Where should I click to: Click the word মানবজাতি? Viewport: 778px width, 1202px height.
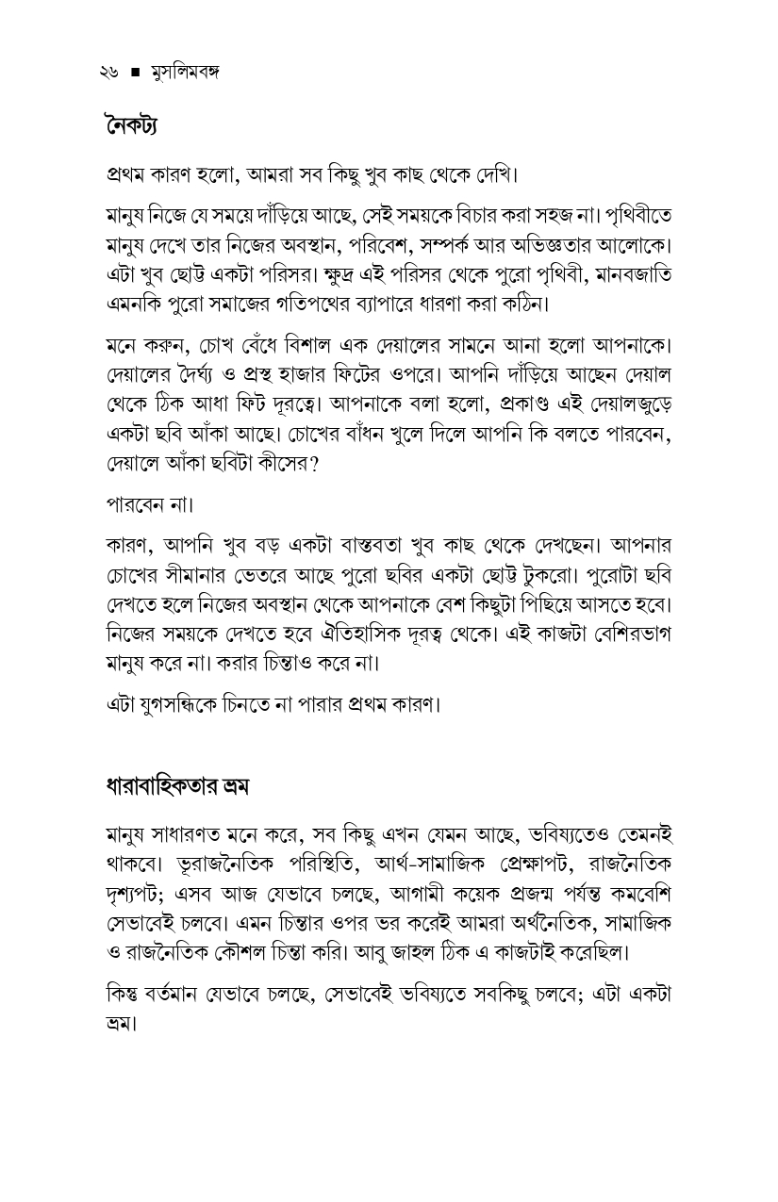tap(629, 273)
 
